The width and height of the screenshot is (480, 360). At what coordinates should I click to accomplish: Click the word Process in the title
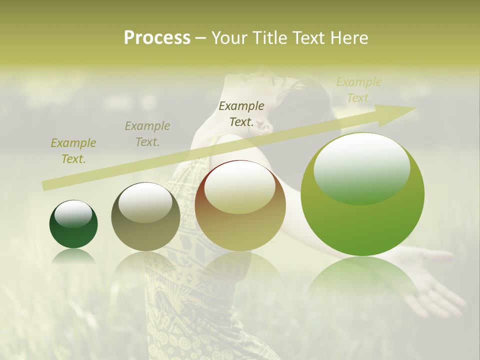tap(157, 38)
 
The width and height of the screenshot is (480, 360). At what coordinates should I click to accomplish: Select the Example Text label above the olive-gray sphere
tap(147, 134)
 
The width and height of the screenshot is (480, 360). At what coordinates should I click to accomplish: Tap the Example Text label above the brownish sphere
tap(241, 114)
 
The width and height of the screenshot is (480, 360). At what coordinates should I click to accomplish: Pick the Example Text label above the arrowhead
tap(359, 90)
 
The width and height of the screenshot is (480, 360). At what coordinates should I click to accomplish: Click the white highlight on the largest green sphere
tap(361, 165)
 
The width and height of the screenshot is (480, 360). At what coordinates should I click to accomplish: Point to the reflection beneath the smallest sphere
tap(73, 256)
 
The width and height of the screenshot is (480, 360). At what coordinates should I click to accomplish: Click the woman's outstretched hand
tap(430, 280)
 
